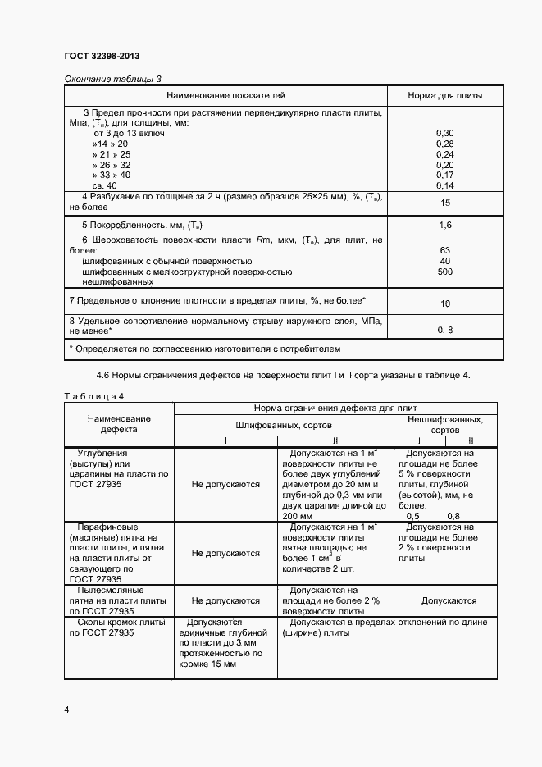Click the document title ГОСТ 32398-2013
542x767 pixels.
102,56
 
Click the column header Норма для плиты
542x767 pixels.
445,96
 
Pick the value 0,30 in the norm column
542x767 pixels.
445,133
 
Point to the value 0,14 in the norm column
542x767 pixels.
445,186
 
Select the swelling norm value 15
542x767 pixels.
445,203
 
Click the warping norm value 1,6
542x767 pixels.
445,225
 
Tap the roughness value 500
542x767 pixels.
445,272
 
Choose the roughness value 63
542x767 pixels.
445,250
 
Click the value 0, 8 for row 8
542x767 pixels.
445,330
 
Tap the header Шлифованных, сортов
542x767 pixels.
284,426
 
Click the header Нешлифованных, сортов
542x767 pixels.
445,424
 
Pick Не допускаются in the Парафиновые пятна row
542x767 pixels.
225,554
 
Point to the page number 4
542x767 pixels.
66,709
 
